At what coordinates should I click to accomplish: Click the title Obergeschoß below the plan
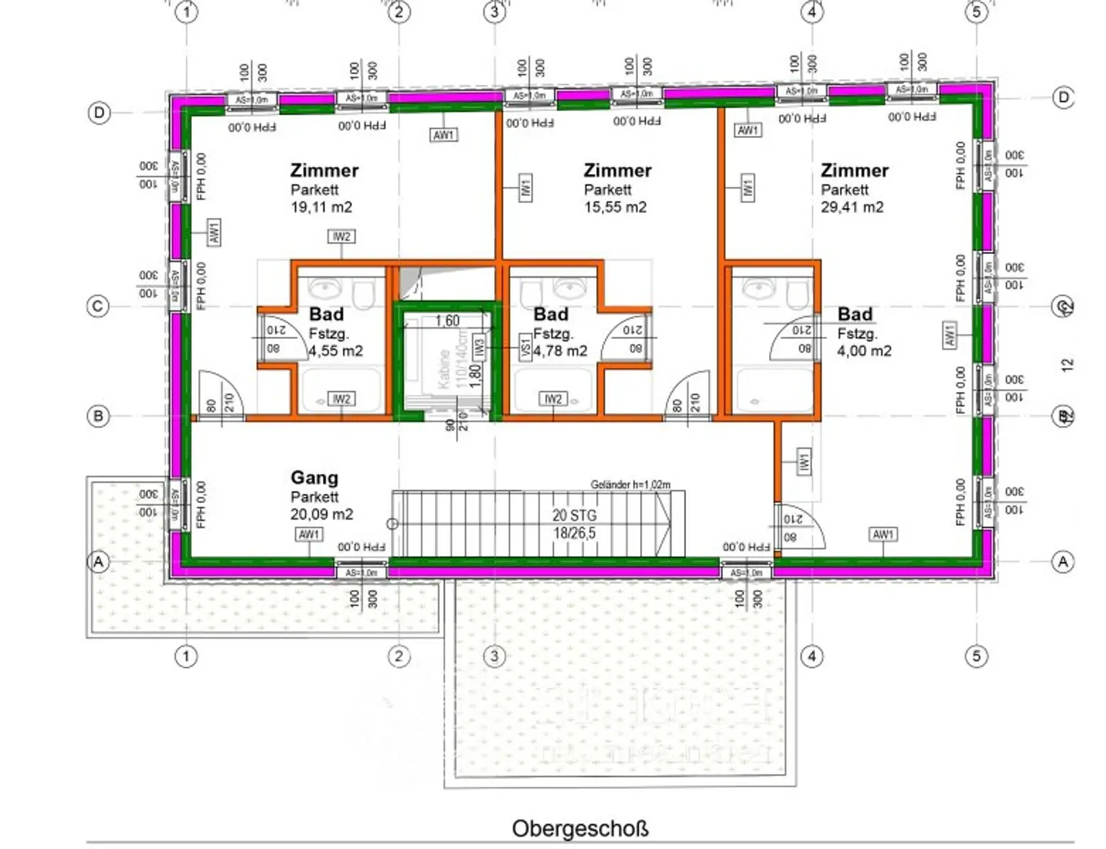[580, 828]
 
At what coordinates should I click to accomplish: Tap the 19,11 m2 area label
[321, 207]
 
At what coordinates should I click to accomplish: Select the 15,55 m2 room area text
[615, 207]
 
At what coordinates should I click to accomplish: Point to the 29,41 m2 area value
[852, 207]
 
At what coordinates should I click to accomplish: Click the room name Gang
[314, 478]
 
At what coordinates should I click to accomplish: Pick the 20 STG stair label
[574, 515]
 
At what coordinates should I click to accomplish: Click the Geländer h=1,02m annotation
[630, 484]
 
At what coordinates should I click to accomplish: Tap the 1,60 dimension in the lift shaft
[446, 321]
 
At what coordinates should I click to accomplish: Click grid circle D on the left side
[99, 113]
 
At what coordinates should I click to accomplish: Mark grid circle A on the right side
[1063, 561]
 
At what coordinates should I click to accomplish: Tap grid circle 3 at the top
[494, 12]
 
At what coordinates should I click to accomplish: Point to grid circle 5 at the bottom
[976, 655]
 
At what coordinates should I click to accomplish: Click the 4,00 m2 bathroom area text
[864, 351]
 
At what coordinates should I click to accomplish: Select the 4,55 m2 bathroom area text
[336, 351]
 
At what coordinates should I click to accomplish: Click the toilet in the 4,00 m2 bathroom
[798, 294]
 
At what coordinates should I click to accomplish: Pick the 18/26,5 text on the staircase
[574, 533]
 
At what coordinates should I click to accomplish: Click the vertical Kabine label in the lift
[444, 368]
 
